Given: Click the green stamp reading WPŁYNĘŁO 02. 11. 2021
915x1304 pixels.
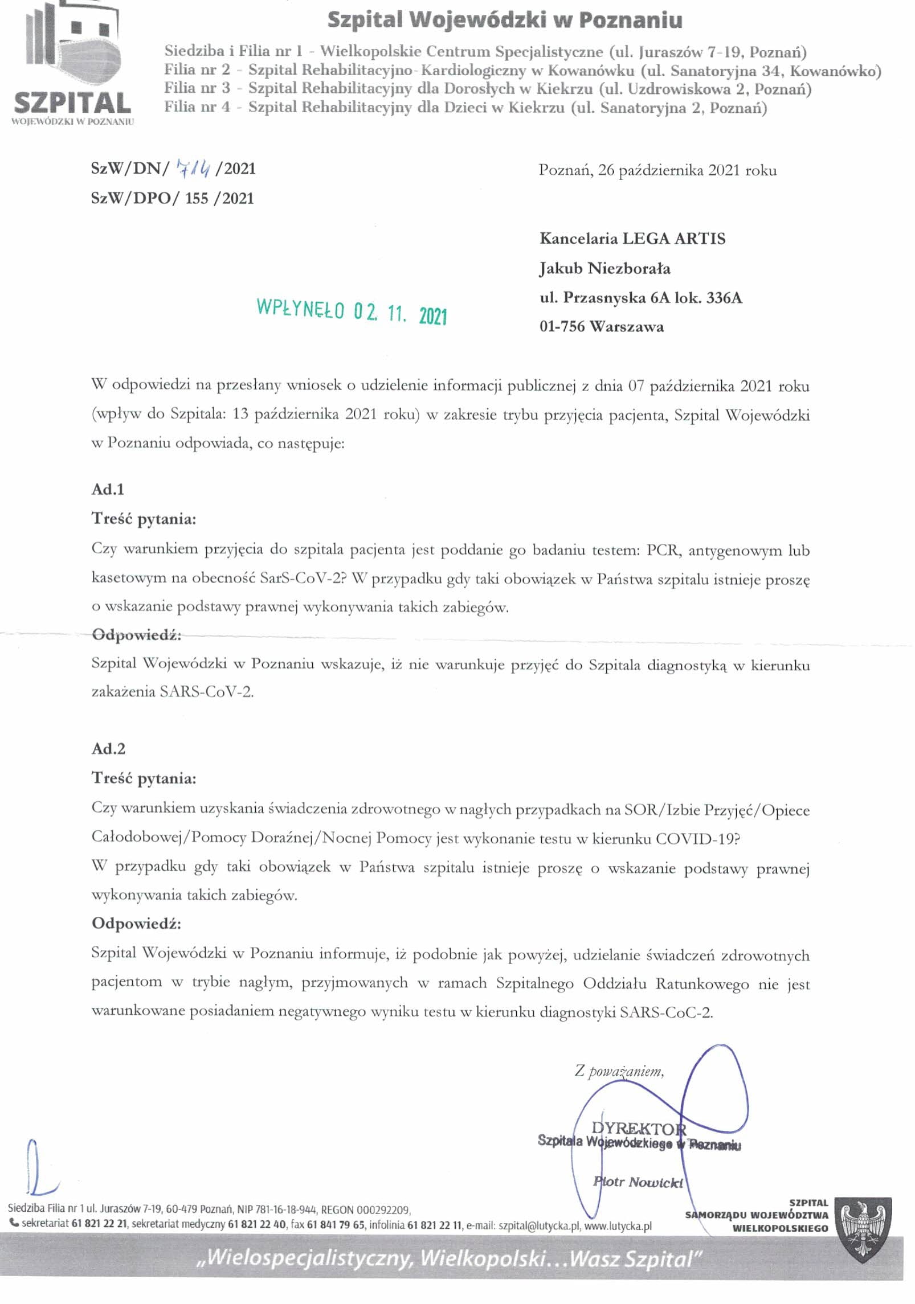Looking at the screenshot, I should click(x=352, y=311).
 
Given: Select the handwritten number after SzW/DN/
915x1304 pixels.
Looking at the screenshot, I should click(x=194, y=167).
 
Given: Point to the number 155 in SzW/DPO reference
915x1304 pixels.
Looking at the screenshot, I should click(x=197, y=198).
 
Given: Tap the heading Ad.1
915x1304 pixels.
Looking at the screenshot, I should click(x=108, y=489).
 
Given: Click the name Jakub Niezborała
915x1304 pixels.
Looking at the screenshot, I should click(x=604, y=268).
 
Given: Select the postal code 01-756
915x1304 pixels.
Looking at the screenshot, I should click(x=562, y=327).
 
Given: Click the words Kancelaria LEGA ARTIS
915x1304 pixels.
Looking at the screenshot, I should click(x=632, y=239).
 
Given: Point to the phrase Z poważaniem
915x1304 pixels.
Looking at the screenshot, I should click(x=619, y=1071).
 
